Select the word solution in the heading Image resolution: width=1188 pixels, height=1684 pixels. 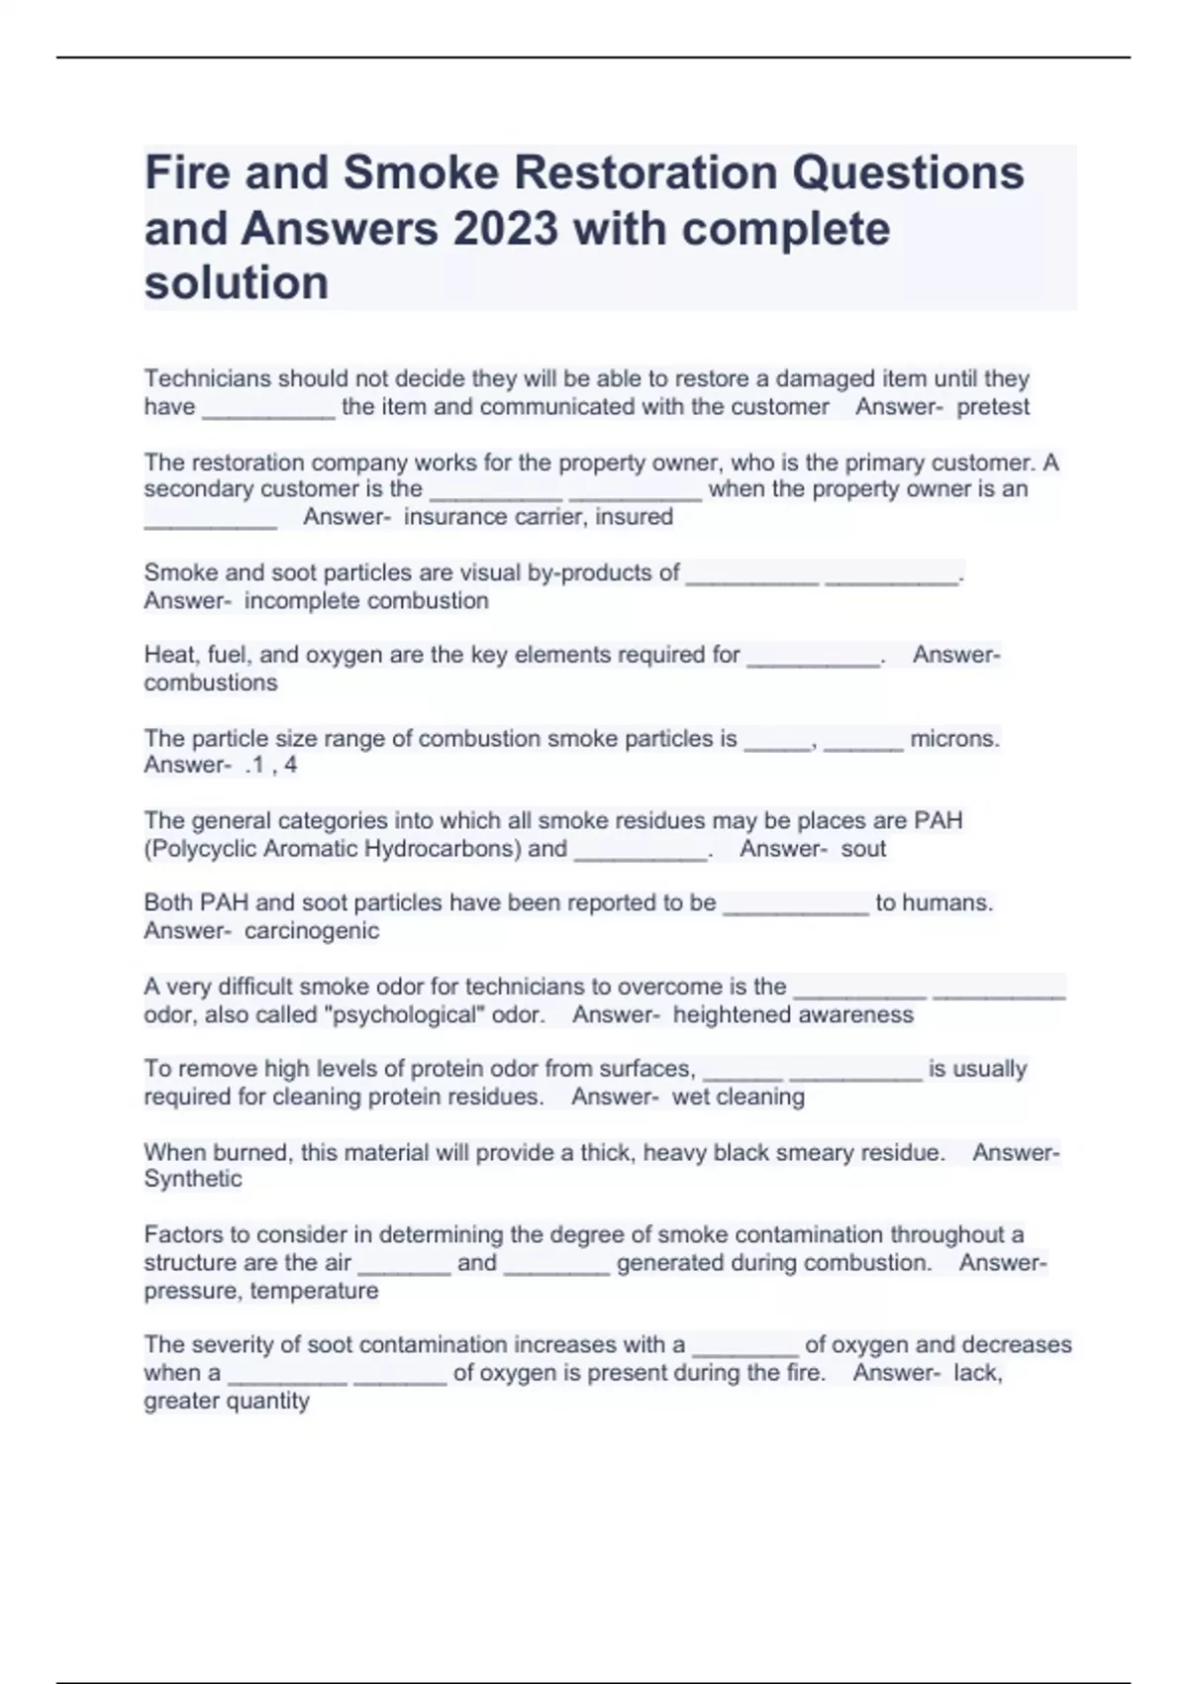tap(237, 283)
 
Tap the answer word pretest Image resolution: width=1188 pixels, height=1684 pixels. tap(993, 407)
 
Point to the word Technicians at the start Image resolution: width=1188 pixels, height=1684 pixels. tap(207, 378)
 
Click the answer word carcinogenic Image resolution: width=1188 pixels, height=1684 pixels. tap(312, 931)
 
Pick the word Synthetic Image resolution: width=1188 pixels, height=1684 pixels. tap(193, 1179)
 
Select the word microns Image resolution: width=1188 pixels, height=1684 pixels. tap(954, 739)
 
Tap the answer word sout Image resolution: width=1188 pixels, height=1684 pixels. tap(863, 849)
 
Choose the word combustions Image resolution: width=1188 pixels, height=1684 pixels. tap(211, 683)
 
